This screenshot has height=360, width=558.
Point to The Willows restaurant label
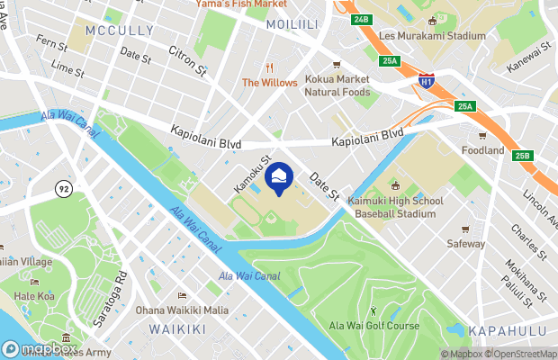coord(269,83)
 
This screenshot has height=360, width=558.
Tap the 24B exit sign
coord(362,19)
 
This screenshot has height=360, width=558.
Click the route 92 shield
coord(63,188)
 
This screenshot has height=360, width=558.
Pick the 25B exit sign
coord(523,157)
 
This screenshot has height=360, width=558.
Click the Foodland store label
coord(482,150)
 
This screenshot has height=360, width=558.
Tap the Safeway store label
coord(466,243)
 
